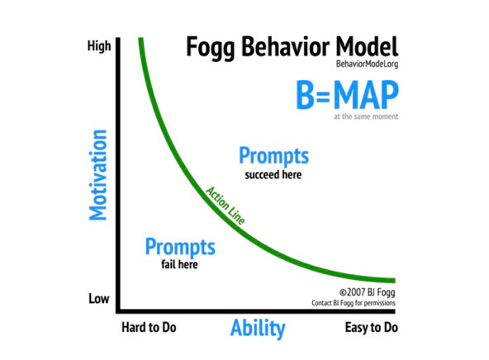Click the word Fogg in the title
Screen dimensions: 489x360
coord(210,48)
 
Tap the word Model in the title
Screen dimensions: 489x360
coord(367,47)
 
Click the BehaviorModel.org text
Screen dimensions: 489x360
coord(367,64)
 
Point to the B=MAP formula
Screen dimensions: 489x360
coord(348,95)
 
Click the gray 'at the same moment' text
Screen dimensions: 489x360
coord(366,116)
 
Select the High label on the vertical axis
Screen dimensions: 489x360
coord(99,46)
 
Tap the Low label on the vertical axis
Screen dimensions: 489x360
coord(99,299)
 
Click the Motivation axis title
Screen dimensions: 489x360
coord(98,175)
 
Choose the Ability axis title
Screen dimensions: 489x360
coord(258,329)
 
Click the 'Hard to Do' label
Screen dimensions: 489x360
coord(149,328)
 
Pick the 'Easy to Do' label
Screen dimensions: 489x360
coord(371,328)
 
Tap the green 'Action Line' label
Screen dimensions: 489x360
coord(226,206)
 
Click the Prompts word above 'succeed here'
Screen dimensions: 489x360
coord(273,156)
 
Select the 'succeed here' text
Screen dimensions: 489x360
coord(273,175)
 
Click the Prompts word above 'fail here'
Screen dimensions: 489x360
coord(180,247)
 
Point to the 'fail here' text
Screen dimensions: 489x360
coord(179,264)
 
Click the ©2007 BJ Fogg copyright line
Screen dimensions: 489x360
coord(367,292)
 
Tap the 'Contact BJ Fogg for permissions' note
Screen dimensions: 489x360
coord(354,303)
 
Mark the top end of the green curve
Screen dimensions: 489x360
coord(140,38)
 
